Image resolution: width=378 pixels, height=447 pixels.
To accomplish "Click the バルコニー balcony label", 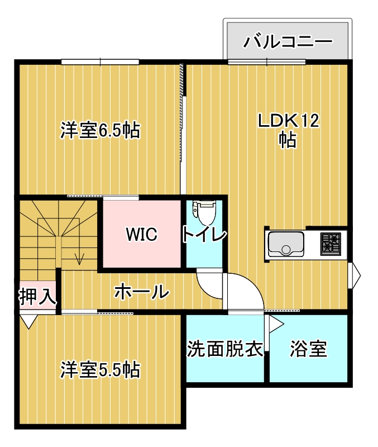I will [x=288, y=41].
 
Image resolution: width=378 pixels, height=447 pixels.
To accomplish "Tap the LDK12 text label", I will [x=288, y=121].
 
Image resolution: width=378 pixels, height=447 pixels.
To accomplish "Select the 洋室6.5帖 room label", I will [x=101, y=131].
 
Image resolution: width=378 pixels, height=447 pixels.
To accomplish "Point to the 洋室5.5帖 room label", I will [x=101, y=369].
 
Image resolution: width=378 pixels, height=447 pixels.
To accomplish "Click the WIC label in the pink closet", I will [x=142, y=234].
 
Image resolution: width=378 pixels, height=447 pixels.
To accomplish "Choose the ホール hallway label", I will [x=142, y=291].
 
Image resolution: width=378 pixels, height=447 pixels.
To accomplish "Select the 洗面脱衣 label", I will [x=225, y=349].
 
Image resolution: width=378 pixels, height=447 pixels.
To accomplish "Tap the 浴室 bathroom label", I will [x=308, y=349].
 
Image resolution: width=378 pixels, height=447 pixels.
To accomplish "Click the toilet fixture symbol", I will [x=204, y=211].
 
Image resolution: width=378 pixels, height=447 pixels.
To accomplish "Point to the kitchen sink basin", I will [x=286, y=244].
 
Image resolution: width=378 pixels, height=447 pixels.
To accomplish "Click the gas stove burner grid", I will [x=331, y=244].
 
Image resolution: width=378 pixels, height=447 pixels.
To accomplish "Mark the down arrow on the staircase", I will [x=79, y=258].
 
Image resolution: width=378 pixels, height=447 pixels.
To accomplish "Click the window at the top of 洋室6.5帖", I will [x=100, y=61].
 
